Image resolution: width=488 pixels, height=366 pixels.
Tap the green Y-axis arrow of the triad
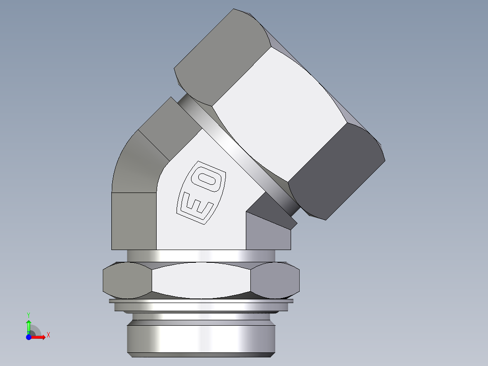click(29, 325)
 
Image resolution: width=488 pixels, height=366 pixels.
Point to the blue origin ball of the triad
click(29, 337)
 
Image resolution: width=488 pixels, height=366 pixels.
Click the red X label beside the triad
click(48, 335)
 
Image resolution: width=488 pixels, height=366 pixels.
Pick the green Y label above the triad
click(29, 314)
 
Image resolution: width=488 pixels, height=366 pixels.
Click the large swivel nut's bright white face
click(281, 113)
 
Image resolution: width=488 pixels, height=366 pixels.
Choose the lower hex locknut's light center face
click(201, 281)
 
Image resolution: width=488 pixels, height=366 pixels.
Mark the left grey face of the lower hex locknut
click(127, 281)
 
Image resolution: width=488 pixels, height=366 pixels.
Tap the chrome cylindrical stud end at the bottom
click(201, 337)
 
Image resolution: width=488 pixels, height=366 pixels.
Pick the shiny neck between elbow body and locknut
click(201, 255)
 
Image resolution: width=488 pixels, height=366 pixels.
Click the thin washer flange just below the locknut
click(201, 301)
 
